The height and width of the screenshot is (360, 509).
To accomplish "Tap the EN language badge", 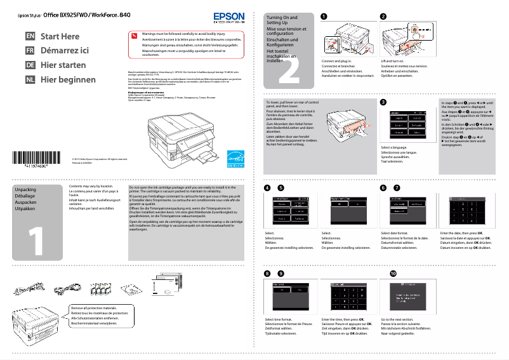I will (x=30, y=36).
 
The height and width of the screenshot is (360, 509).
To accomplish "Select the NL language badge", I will (x=30, y=80).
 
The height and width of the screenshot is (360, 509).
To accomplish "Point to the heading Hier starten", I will (x=63, y=65).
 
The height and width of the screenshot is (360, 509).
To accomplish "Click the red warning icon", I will (x=135, y=35).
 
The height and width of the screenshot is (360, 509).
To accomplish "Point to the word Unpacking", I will (x=25, y=190).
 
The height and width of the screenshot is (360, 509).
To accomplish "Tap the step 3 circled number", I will (x=383, y=102).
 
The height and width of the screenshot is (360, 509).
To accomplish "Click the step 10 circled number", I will (x=393, y=273).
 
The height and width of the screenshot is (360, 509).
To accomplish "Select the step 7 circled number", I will (x=397, y=188).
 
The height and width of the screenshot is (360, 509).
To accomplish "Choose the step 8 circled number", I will (x=267, y=273).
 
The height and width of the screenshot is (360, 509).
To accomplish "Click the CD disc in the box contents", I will (x=131, y=290).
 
